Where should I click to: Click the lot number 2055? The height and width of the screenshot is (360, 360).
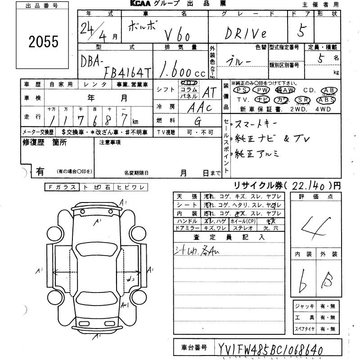coord(44,42)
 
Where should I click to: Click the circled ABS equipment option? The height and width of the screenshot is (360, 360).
coord(325,100)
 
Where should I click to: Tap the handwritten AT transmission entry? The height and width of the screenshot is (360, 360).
coord(209,92)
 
